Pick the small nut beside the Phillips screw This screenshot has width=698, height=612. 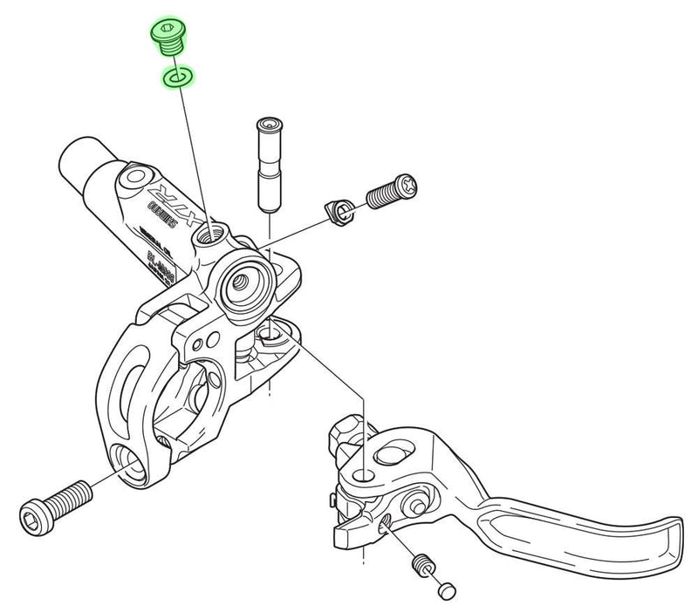[x=338, y=210]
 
